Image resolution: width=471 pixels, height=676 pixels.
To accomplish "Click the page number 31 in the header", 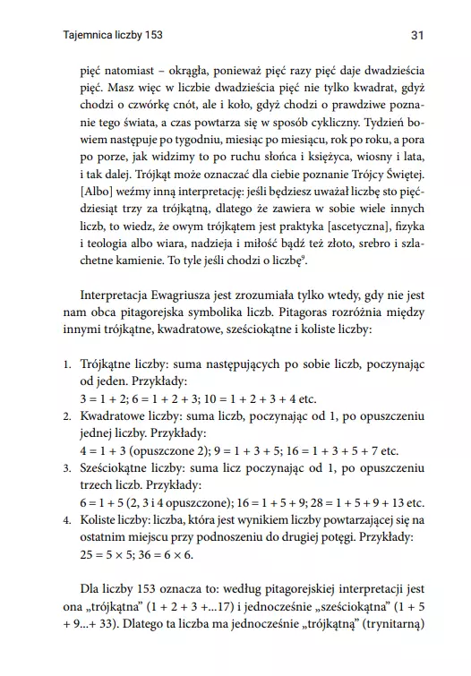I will pos(415,35).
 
